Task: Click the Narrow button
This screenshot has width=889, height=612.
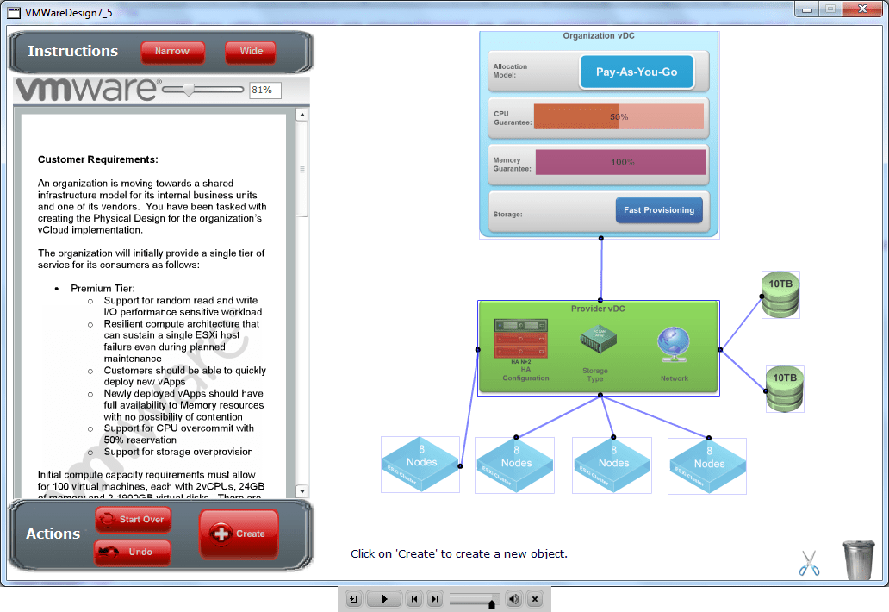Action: coord(172,52)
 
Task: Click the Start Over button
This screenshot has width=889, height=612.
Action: coord(134,520)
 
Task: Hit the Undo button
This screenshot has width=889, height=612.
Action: coord(133,553)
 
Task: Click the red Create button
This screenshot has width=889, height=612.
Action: coord(239,534)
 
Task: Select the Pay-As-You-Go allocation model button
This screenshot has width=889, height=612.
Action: coord(637,72)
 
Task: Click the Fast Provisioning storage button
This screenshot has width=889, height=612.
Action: coord(659,210)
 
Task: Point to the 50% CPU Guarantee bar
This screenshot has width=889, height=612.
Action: coord(619,117)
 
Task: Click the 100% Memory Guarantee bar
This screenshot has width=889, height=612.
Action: coord(620,162)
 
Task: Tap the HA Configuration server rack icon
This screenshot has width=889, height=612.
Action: coord(521,339)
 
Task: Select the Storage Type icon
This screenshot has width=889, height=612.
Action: coord(596,340)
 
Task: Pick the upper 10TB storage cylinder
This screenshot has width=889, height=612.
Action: coord(780,295)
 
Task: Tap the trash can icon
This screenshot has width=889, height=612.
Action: coord(857,559)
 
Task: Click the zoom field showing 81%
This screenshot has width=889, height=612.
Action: coord(265,90)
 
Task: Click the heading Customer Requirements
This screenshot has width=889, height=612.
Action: coord(98,159)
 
